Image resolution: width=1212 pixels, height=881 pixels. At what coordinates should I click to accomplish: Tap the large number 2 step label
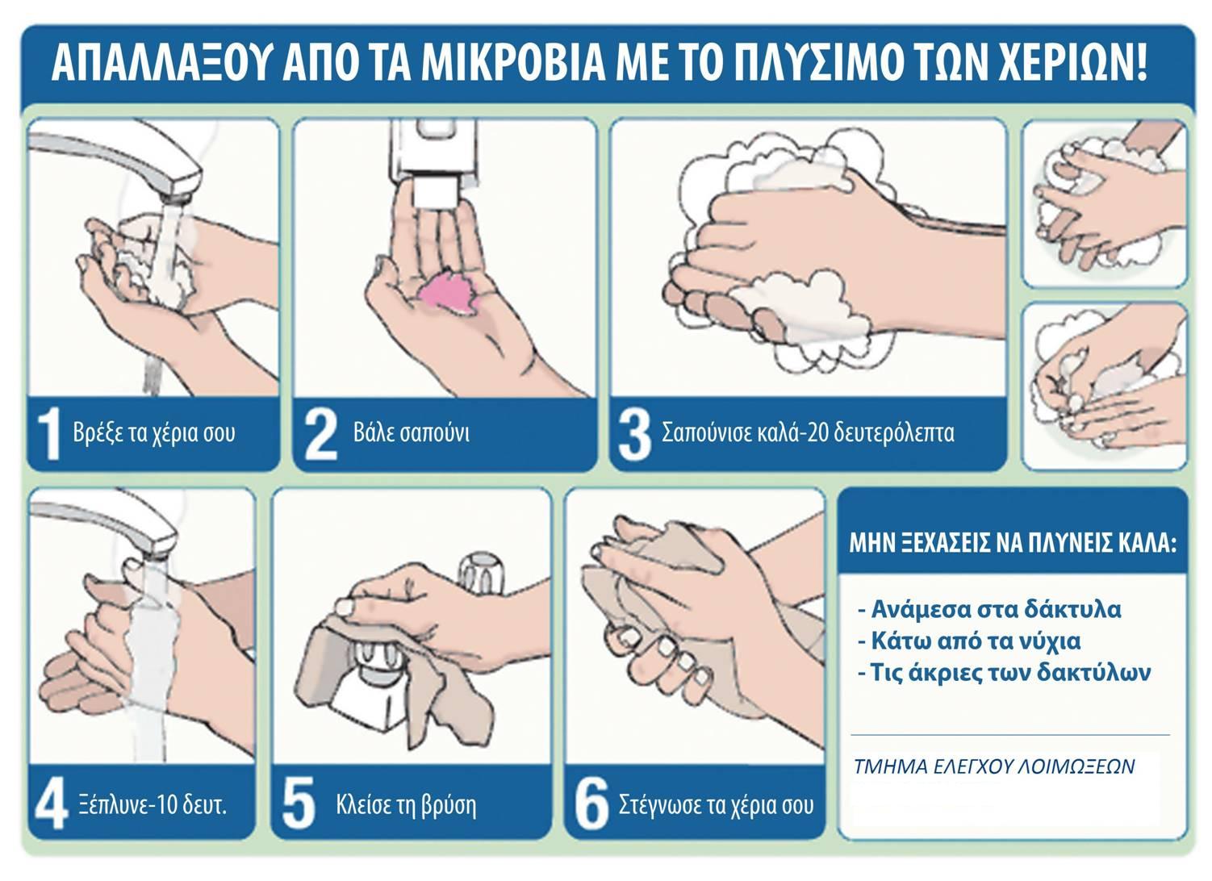tap(321, 435)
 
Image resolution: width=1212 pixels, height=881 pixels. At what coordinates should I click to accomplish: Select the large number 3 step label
tap(635, 435)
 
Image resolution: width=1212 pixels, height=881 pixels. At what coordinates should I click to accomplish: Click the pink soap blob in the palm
tap(449, 291)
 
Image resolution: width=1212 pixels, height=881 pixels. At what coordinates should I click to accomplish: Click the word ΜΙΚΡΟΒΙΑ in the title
tap(513, 65)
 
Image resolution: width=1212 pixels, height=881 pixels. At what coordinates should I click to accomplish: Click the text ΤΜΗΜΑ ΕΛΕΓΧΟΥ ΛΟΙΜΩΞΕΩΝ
tap(994, 766)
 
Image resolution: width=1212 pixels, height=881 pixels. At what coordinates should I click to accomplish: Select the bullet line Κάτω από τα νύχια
tap(969, 641)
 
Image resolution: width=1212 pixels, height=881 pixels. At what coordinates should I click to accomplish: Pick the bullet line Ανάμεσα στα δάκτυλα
tap(989, 609)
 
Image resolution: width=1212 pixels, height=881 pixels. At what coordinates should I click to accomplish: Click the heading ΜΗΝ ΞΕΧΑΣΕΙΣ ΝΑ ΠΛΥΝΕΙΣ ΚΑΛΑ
tap(1013, 543)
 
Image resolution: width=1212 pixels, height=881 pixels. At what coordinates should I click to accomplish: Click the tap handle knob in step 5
tap(482, 574)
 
